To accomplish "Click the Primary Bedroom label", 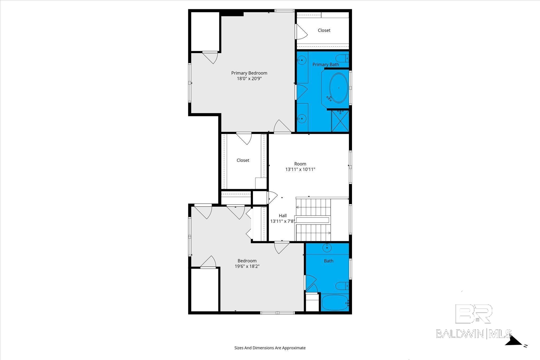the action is (x=249, y=73).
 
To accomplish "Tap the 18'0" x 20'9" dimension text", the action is (x=249, y=79).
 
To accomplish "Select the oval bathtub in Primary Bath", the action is (x=339, y=88).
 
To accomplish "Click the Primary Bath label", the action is (x=326, y=65).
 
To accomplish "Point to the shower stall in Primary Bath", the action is (x=340, y=121).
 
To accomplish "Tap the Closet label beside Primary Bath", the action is (x=324, y=30).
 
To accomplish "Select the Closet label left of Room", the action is (x=243, y=160).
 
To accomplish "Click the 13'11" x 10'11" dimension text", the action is (x=300, y=169).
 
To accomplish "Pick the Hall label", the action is (x=283, y=216).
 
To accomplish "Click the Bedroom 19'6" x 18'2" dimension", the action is (x=247, y=266).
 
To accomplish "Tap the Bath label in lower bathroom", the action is (x=329, y=261).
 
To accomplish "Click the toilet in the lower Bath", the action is (x=343, y=286).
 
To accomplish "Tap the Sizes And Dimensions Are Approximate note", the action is (x=270, y=348).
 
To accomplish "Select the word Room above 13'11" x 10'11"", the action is (x=300, y=164).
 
